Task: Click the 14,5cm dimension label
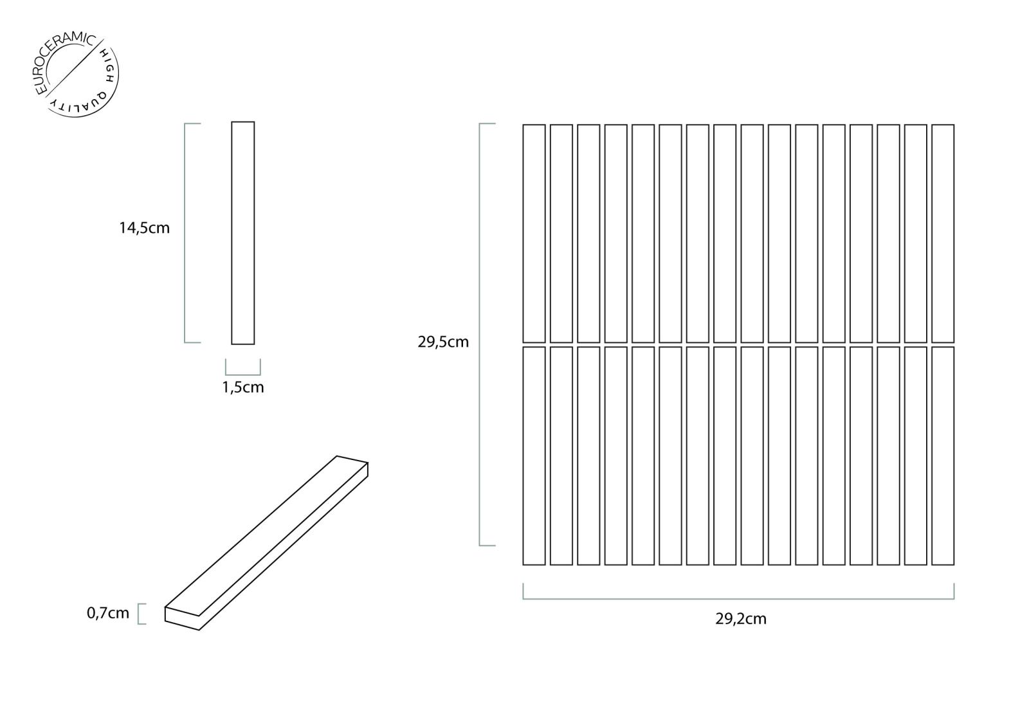tap(144, 228)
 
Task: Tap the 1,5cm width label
tap(243, 387)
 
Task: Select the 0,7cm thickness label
tap(108, 612)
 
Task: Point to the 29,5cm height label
tap(443, 342)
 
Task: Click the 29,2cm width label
tap(740, 619)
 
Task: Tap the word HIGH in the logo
tap(106, 65)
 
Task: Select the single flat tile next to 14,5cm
tap(243, 233)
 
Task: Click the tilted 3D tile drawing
tap(266, 543)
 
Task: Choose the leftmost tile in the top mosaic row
tap(534, 234)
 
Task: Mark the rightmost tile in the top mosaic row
tap(943, 234)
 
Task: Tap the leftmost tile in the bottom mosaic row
tap(534, 456)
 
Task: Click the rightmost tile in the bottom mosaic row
tap(943, 456)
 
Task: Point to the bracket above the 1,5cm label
tap(243, 374)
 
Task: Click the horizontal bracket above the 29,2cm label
tap(738, 599)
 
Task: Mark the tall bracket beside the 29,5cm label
tap(480, 335)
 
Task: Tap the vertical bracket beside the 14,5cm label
tap(185, 233)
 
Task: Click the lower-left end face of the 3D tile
tap(182, 618)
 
